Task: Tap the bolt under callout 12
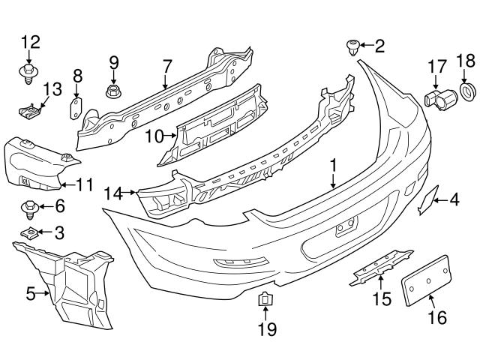28,74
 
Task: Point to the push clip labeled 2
350,48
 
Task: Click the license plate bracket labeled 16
426,278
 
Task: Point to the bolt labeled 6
29,206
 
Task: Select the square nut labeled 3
30,233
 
